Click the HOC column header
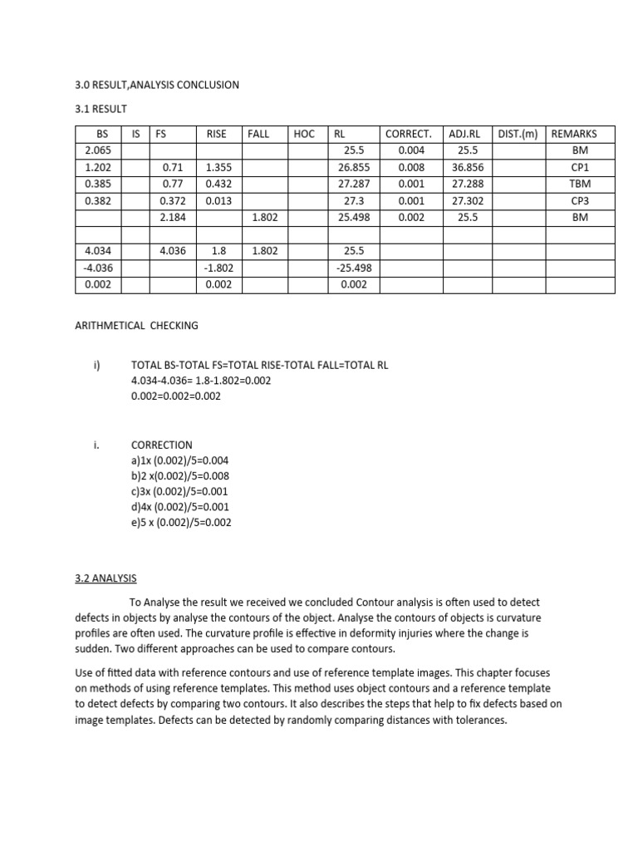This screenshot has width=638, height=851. tap(304, 134)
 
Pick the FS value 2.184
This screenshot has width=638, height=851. tap(173, 217)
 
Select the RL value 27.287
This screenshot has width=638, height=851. tap(352, 184)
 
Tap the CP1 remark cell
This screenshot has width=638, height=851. tap(580, 167)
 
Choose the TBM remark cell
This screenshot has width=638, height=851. tap(580, 184)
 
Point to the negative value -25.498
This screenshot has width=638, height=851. tap(352, 268)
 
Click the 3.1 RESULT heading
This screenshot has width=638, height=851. tap(101, 108)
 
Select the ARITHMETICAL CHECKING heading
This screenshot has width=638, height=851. tap(137, 326)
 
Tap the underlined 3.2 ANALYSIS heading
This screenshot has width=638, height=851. tap(106, 578)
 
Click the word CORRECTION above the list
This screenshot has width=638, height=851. tap(161, 445)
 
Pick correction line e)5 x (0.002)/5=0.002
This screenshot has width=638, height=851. tap(181, 522)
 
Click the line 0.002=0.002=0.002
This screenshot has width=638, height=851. tap(174, 396)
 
